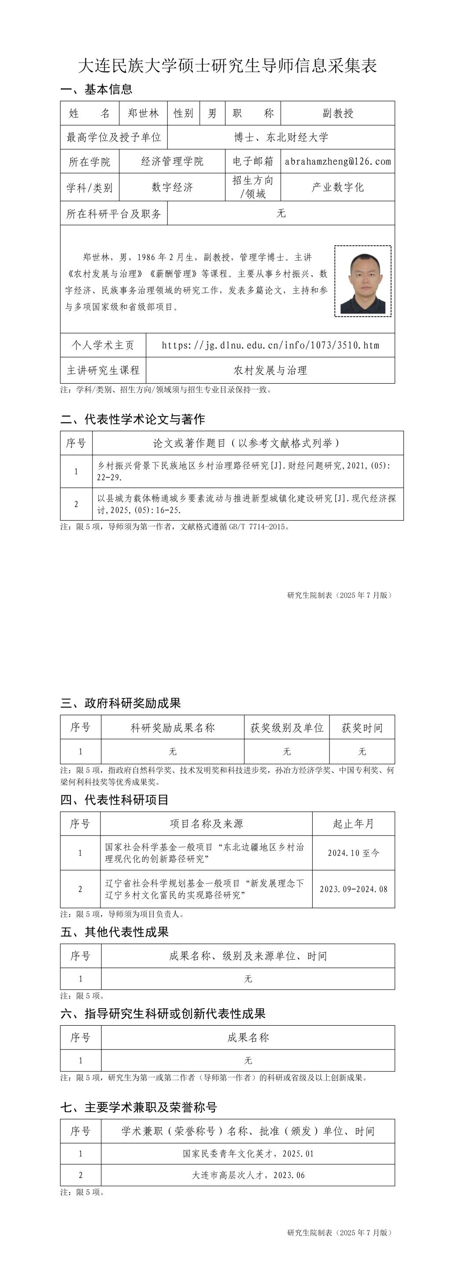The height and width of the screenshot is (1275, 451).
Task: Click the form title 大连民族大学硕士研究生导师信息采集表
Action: [227, 66]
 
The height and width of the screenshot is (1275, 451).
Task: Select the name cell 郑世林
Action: [143, 113]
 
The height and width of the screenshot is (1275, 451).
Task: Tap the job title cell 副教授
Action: [338, 113]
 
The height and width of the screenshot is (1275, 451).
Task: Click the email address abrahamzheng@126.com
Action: [338, 161]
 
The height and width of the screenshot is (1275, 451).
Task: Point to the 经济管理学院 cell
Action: [172, 161]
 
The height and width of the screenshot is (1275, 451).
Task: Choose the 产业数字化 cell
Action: [338, 187]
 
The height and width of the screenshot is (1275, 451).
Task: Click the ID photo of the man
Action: [363, 281]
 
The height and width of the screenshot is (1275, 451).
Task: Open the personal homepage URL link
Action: [270, 345]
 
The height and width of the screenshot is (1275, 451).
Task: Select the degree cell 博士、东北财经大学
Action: [281, 137]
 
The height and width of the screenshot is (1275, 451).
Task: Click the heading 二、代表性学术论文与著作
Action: [133, 419]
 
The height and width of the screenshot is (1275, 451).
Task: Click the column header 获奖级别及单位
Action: [287, 728]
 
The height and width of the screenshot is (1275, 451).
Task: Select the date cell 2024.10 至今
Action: [354, 853]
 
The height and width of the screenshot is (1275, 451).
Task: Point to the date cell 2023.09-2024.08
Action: [354, 889]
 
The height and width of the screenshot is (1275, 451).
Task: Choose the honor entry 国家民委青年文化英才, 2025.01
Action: [248, 1154]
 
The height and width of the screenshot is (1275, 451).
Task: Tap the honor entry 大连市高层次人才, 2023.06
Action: [248, 1175]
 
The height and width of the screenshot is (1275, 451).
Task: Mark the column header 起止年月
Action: [354, 824]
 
